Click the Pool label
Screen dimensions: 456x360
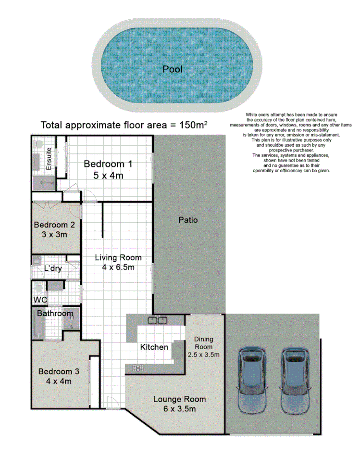pos(173,69)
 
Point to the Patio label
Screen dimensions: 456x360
pos(188,220)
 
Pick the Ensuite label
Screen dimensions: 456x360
pos(49,159)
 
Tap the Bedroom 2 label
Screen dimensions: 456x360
pos(54,225)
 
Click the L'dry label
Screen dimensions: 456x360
pos(53,268)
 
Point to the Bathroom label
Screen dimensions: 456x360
pos(55,314)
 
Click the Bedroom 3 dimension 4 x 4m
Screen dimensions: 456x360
pos(55,381)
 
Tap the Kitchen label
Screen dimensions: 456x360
pos(154,347)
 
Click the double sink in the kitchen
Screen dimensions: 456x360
pos(157,319)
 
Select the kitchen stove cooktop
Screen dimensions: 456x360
pos(138,368)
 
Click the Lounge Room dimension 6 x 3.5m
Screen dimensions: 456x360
pos(179,409)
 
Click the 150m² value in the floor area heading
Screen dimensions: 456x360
pos(193,125)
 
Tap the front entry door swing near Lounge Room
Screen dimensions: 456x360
pos(110,402)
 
